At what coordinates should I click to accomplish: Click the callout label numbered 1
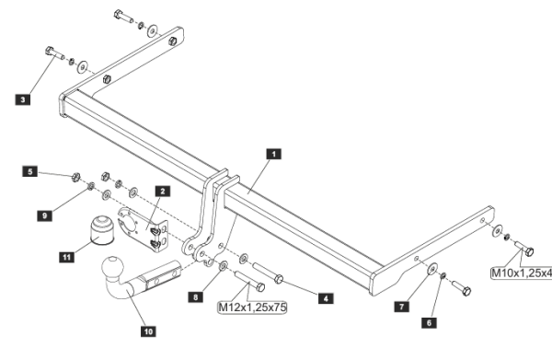click(274, 154)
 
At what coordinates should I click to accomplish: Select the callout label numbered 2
click(162, 192)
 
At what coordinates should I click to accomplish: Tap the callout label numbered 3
click(23, 99)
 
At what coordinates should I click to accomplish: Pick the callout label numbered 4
click(326, 298)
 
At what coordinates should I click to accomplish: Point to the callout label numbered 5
click(30, 171)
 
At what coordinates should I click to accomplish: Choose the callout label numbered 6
click(429, 322)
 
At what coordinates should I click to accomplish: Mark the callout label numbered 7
click(402, 307)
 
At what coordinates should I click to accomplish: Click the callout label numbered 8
click(196, 297)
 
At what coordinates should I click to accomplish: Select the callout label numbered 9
click(45, 215)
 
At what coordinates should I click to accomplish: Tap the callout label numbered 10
click(148, 331)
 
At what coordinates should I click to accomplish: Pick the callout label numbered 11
click(67, 257)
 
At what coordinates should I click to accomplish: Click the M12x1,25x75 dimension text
click(253, 308)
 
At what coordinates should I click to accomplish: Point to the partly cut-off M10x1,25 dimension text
click(522, 273)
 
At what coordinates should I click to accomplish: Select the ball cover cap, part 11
click(101, 230)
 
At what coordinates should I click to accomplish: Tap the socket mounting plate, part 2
click(144, 229)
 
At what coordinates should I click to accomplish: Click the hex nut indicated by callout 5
click(75, 177)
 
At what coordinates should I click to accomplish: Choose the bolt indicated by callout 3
click(54, 53)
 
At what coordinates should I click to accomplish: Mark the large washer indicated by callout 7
click(432, 269)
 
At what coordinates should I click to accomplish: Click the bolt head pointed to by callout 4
click(279, 279)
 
